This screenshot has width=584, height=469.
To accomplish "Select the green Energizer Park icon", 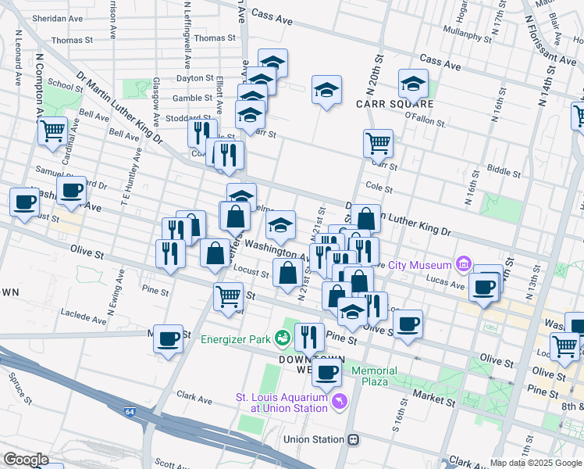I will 283,338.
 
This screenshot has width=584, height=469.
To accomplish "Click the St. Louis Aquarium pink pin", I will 338,402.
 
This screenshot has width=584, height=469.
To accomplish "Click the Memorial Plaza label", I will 374,376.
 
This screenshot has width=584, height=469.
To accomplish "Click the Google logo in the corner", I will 26,460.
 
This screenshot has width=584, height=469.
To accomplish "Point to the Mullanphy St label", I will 465,31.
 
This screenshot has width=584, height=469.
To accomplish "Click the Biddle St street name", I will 503,168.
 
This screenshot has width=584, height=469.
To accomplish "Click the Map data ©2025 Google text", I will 535,463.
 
